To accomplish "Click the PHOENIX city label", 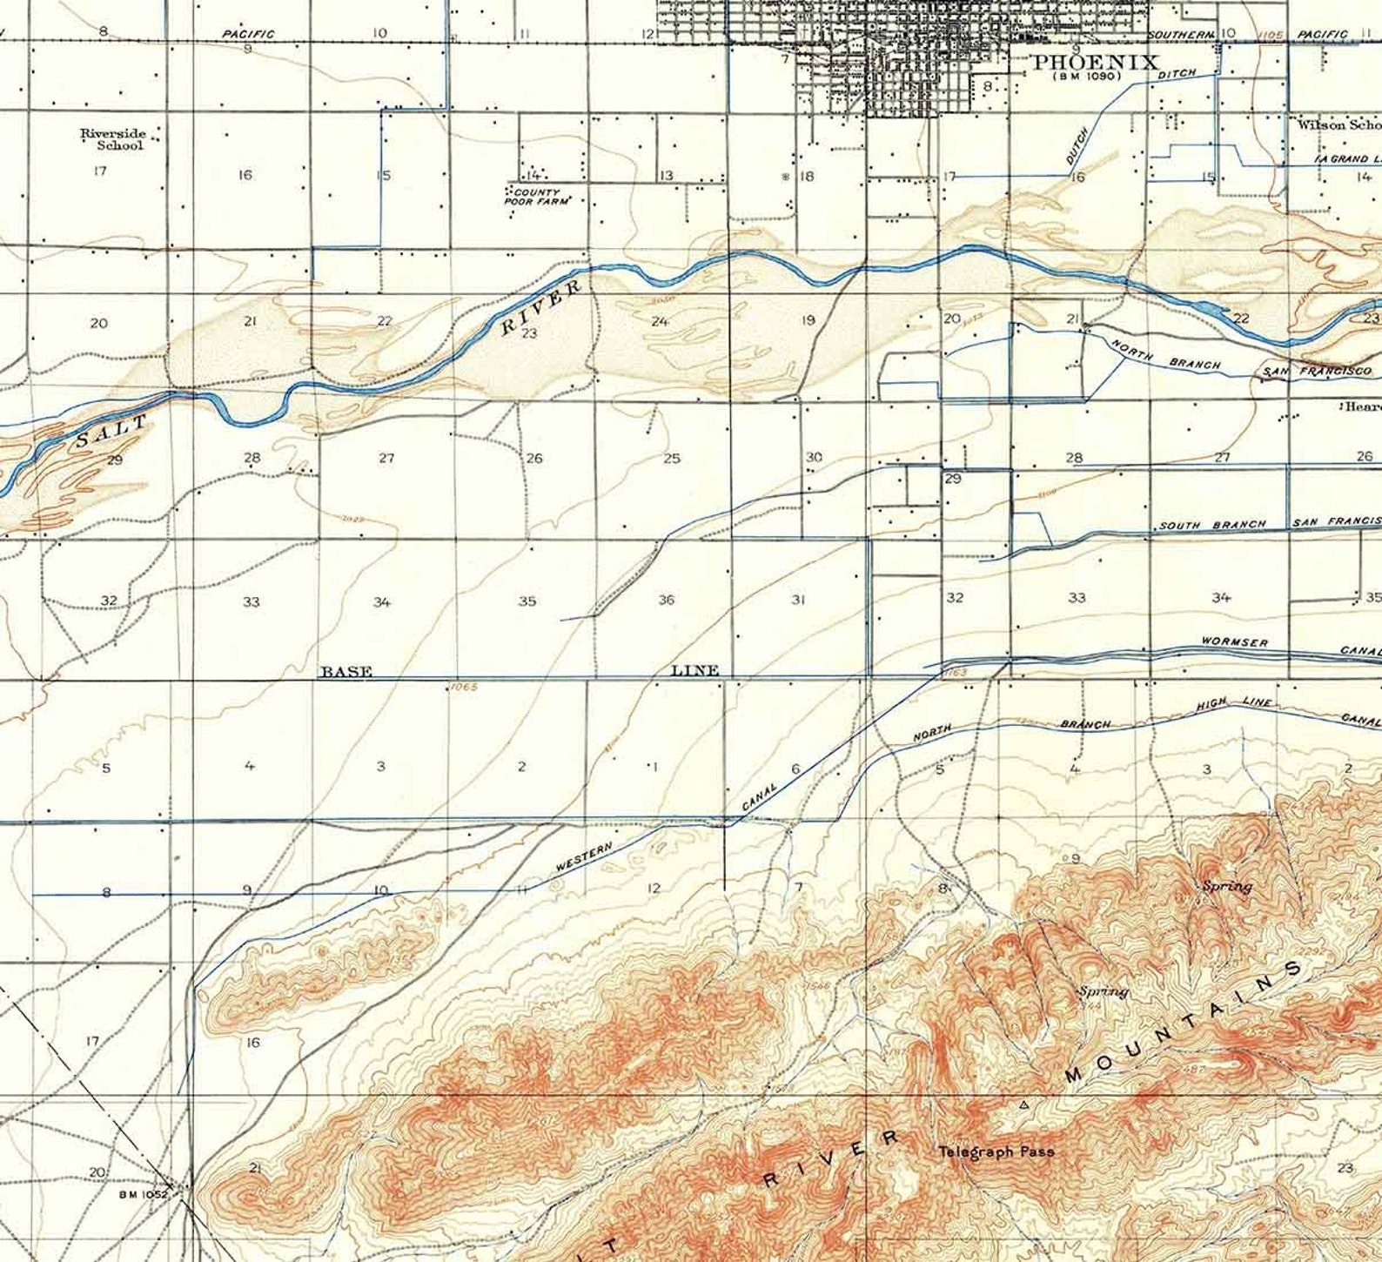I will click(x=1096, y=63).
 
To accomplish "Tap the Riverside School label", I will click(x=112, y=139).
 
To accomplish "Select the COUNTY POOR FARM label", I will click(x=537, y=197).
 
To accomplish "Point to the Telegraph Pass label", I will click(x=996, y=1151).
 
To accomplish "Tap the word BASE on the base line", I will click(x=346, y=671).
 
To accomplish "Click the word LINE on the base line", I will click(x=695, y=670).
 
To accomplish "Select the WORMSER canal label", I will click(x=1234, y=642).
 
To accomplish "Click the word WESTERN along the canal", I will click(x=584, y=857).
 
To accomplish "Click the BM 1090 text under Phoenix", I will click(x=1086, y=77).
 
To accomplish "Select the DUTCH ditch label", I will click(x=1077, y=146).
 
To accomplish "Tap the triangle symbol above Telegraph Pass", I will click(x=1023, y=1105).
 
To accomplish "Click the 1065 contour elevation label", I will click(x=464, y=687).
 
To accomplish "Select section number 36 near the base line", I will click(x=667, y=600).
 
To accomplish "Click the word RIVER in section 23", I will click(x=541, y=307).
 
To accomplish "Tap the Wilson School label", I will click(x=1338, y=124).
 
